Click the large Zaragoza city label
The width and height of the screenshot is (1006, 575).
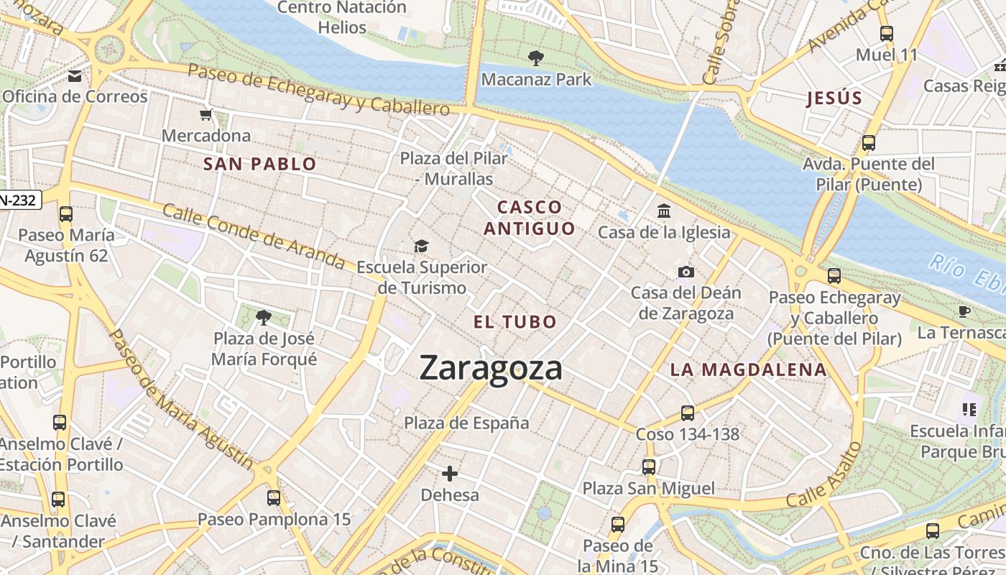491,368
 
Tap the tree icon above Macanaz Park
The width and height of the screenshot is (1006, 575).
535,57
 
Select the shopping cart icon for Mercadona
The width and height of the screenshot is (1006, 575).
206,114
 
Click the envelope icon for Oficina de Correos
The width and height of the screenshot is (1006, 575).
75,76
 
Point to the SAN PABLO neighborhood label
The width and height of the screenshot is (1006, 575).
260,164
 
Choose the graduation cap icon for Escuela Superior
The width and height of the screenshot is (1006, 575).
421,247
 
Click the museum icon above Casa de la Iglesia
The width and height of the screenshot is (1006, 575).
664,211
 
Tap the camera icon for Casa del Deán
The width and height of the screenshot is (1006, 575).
686,272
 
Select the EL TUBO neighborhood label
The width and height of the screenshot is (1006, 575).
515,322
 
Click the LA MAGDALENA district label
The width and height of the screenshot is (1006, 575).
748,370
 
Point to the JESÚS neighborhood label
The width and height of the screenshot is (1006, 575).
834,98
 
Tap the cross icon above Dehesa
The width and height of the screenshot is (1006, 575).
450,473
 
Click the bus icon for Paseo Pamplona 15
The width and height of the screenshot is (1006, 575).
274,497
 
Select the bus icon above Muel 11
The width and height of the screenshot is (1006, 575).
887,33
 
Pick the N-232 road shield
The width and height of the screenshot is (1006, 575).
20,200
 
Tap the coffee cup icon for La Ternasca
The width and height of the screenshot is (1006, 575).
964,311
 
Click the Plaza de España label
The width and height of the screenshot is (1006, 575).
466,423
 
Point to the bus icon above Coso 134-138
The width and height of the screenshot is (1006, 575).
688,413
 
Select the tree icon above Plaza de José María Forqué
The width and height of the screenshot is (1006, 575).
264,317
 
